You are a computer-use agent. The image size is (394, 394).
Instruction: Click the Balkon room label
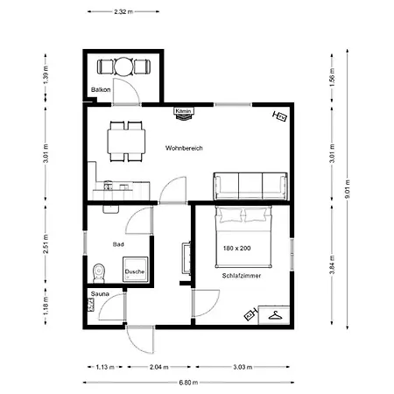coord(101,89)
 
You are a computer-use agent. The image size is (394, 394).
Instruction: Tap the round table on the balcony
coord(123,67)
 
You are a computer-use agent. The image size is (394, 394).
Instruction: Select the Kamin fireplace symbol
coord(184,114)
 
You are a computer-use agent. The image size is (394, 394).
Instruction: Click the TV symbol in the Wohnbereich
coord(280,116)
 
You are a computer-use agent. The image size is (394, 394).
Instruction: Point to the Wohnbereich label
coord(184,148)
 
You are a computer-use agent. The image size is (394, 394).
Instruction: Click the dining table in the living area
coord(126,141)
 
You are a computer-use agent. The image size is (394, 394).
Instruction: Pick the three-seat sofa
coord(250,186)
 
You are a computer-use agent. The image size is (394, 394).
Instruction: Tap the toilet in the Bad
coord(99,273)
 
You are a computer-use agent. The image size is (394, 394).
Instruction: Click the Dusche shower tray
coord(135,270)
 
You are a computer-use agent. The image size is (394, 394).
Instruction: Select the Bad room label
coord(118,244)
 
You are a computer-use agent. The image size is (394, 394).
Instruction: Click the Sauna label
coord(100,294)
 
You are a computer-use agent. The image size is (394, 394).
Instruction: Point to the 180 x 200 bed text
coord(236,248)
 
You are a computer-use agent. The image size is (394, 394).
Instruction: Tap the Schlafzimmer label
coord(242,276)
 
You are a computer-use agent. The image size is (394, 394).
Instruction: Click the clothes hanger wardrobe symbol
coord(276,315)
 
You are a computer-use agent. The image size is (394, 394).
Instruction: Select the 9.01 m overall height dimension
coord(348,189)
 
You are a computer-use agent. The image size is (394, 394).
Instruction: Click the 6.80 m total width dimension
coord(188,383)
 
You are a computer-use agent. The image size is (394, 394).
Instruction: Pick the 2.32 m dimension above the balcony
coord(123,11)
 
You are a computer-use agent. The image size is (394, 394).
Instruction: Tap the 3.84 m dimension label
coord(332,264)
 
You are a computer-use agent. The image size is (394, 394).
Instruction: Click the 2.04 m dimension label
coord(159,367)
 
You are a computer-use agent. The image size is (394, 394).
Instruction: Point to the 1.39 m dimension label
coord(46,75)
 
